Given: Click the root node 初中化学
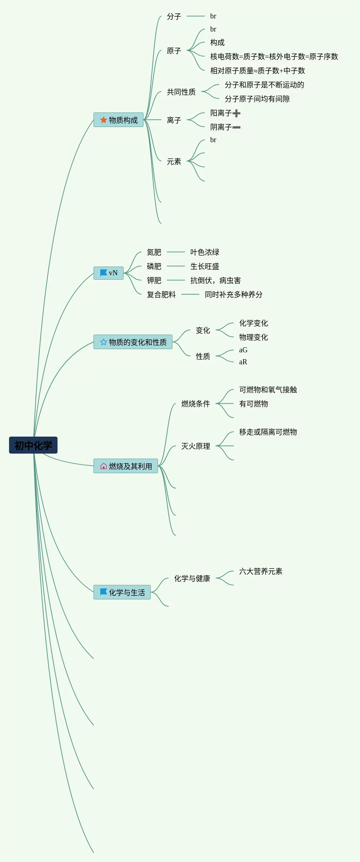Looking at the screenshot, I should click(x=33, y=445).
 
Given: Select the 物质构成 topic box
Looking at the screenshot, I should click(x=118, y=120).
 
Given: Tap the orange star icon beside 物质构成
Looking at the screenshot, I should click(x=103, y=120).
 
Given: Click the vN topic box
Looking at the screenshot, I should click(x=109, y=273).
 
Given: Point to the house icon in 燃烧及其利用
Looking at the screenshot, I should click(x=103, y=466).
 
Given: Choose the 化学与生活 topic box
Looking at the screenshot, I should click(x=122, y=592).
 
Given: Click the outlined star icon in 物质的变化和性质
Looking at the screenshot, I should click(x=103, y=342).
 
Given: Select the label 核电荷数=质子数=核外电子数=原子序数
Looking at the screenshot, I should click(x=274, y=56).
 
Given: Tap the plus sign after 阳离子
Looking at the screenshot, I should click(x=237, y=113).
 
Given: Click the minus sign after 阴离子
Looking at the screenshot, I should click(x=236, y=127).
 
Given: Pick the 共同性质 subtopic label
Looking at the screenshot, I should click(x=181, y=92).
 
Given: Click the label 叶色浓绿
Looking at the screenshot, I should click(x=204, y=252).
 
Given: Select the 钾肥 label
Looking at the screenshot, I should click(x=154, y=280).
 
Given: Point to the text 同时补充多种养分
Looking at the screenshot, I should click(x=233, y=294).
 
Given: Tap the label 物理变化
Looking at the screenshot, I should click(x=253, y=337).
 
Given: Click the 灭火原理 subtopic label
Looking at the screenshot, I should click(x=195, y=446).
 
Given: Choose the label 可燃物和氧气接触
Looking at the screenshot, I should click(x=268, y=390).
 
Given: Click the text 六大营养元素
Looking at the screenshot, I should click(x=261, y=571).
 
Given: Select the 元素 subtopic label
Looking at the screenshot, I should click(x=174, y=161).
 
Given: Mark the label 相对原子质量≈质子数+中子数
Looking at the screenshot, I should click(x=257, y=71).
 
